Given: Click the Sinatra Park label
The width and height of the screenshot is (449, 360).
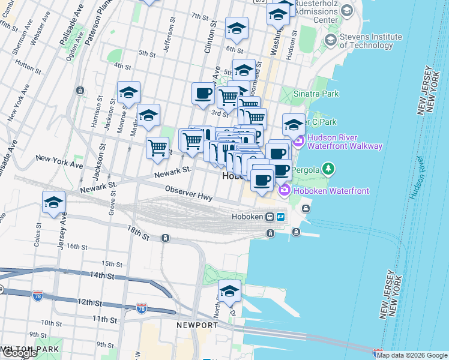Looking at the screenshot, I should click(x=316, y=94).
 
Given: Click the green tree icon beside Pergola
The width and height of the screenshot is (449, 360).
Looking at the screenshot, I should click(x=328, y=169).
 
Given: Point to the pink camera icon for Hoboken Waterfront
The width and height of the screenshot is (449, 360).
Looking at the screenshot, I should click(x=285, y=191).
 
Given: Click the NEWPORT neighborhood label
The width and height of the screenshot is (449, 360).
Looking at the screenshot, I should click(x=197, y=325).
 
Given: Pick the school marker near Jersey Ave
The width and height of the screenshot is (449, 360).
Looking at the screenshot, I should click(x=54, y=203).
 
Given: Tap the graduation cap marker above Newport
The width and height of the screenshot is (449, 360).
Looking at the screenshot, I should click(x=229, y=291).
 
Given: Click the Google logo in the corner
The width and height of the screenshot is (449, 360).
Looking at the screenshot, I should click(x=19, y=353).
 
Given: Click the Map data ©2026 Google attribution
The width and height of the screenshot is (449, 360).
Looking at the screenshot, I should click(x=412, y=355).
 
